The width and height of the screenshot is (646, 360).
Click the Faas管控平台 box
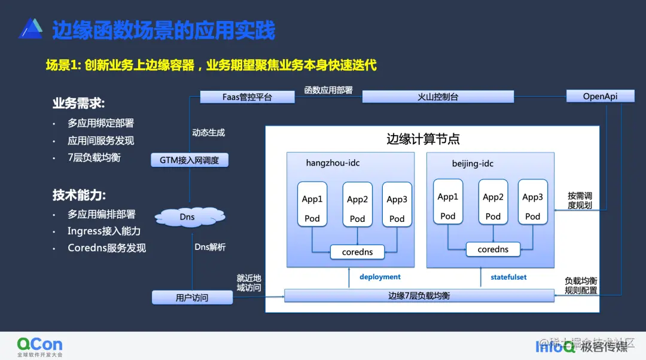[247, 97]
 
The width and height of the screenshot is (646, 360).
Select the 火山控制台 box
[438, 97]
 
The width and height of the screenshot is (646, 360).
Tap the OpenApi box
[600, 96]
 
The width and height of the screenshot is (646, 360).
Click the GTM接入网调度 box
[189, 160]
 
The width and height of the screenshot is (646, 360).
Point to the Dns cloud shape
[187, 216]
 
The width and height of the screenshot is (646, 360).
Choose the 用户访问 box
[192, 297]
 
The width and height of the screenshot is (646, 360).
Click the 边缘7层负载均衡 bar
[419, 296]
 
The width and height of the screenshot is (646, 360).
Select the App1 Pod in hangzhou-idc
[312, 205]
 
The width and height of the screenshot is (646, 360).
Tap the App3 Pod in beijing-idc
[532, 202]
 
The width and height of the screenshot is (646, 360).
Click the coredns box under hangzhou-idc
[357, 252]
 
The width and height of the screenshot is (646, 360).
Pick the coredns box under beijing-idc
[493, 249]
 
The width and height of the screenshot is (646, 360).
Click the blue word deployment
[380, 277]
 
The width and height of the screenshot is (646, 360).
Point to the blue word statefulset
[508, 277]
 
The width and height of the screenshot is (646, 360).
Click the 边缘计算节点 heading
[423, 140]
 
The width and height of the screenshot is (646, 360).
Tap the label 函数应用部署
[328, 90]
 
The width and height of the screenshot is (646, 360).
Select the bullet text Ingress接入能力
[104, 231]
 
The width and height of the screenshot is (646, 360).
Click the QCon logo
[39, 346]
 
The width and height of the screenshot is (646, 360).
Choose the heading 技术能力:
[79, 196]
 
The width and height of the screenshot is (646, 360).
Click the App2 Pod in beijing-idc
[493, 202]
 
